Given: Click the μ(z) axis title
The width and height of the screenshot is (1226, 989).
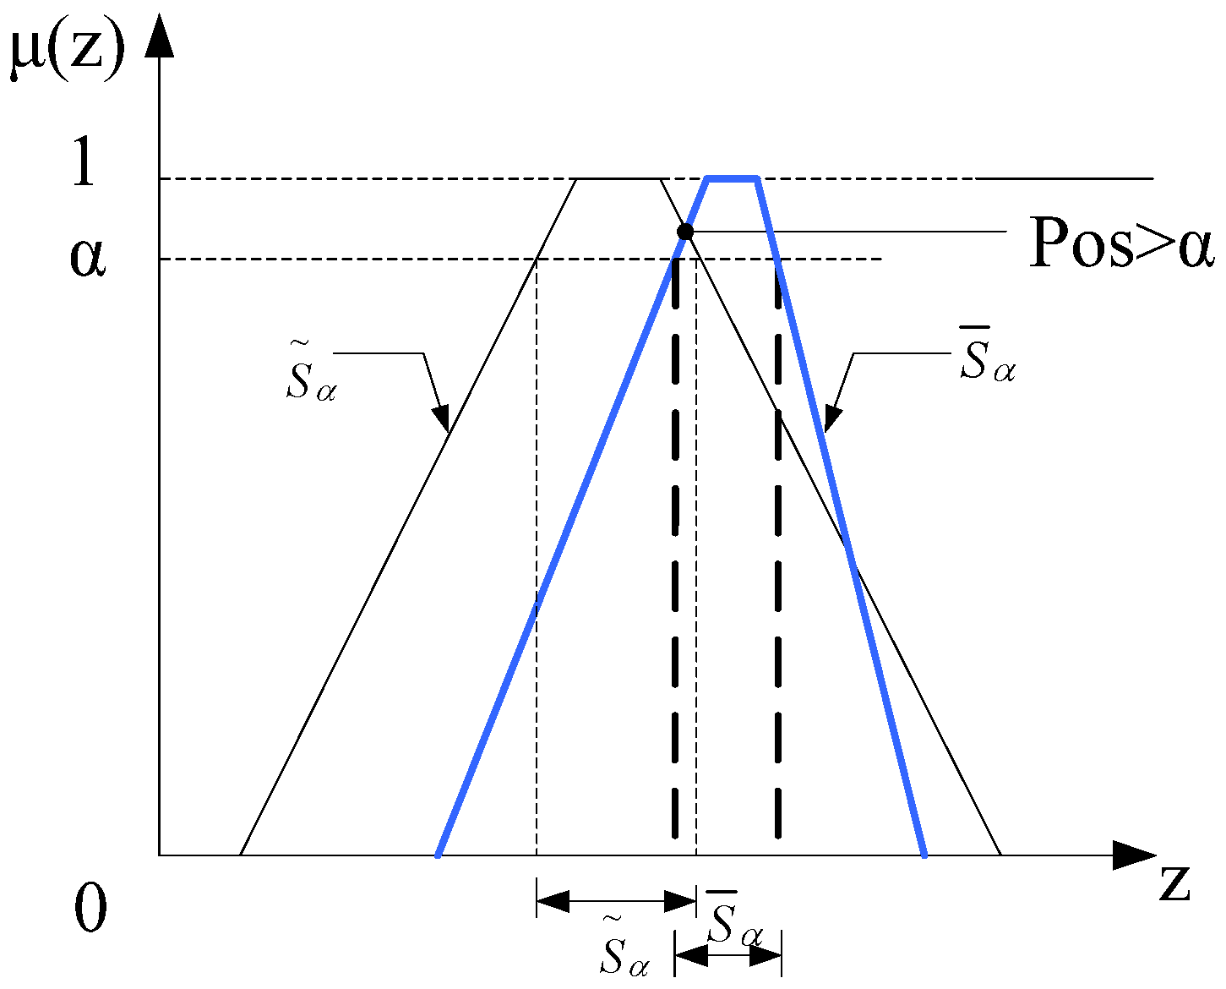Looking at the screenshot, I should click(x=68, y=52).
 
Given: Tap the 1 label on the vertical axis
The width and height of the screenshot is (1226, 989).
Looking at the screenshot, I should click(x=83, y=162).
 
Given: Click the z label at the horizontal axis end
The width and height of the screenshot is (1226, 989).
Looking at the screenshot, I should click(x=1174, y=883).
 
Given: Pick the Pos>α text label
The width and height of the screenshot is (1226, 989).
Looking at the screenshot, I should click(x=1120, y=243).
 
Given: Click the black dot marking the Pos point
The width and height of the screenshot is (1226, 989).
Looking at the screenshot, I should click(x=686, y=232).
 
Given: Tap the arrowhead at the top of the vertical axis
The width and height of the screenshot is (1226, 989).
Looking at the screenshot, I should click(x=159, y=38).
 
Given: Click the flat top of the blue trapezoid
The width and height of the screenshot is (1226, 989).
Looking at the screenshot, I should click(x=733, y=178).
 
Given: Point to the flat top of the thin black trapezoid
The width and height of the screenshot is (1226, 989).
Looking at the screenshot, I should click(x=618, y=178).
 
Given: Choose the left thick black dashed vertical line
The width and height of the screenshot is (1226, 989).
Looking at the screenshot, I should click(x=676, y=549).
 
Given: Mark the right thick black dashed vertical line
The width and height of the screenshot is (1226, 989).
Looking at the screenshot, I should click(x=778, y=549).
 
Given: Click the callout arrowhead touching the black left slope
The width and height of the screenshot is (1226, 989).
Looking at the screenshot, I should click(x=442, y=419).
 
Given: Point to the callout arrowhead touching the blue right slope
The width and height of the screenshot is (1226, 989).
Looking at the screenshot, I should click(x=832, y=420).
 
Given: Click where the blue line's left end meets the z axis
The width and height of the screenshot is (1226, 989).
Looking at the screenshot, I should click(x=438, y=855).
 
